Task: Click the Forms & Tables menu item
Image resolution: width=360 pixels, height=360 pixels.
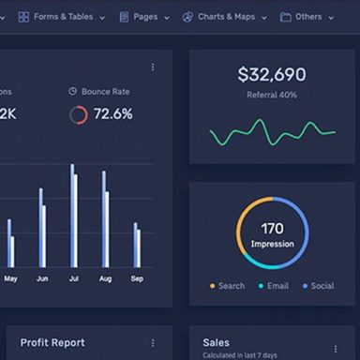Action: tap(63, 16)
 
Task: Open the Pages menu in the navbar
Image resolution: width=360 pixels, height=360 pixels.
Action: tap(145, 16)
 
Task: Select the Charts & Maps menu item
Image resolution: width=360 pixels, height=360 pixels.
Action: tap(225, 16)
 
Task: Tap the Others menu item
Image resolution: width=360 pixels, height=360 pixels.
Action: tap(307, 16)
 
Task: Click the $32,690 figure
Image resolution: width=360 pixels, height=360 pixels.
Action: tap(271, 75)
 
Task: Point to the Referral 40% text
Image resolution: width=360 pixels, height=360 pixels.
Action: tap(271, 95)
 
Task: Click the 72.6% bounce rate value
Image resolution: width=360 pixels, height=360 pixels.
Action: tap(112, 114)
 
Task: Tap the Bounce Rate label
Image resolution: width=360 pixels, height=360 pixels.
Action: tap(105, 92)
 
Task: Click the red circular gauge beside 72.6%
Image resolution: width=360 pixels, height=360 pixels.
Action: tap(79, 114)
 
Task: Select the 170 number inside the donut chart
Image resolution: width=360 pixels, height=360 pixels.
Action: tap(272, 228)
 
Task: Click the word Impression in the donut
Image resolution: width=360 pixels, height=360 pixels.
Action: tap(272, 245)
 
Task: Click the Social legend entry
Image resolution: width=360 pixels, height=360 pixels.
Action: tap(318, 286)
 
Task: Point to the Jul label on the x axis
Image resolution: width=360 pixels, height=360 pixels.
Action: tap(73, 279)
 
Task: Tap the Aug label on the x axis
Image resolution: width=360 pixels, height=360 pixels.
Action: tap(105, 279)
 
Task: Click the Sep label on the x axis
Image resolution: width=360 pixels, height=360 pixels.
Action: tap(137, 279)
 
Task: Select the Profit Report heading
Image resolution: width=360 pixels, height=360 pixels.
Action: tap(52, 343)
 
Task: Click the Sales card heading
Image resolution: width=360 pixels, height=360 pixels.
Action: tap(216, 343)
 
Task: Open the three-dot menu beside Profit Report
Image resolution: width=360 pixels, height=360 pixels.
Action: tap(154, 343)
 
